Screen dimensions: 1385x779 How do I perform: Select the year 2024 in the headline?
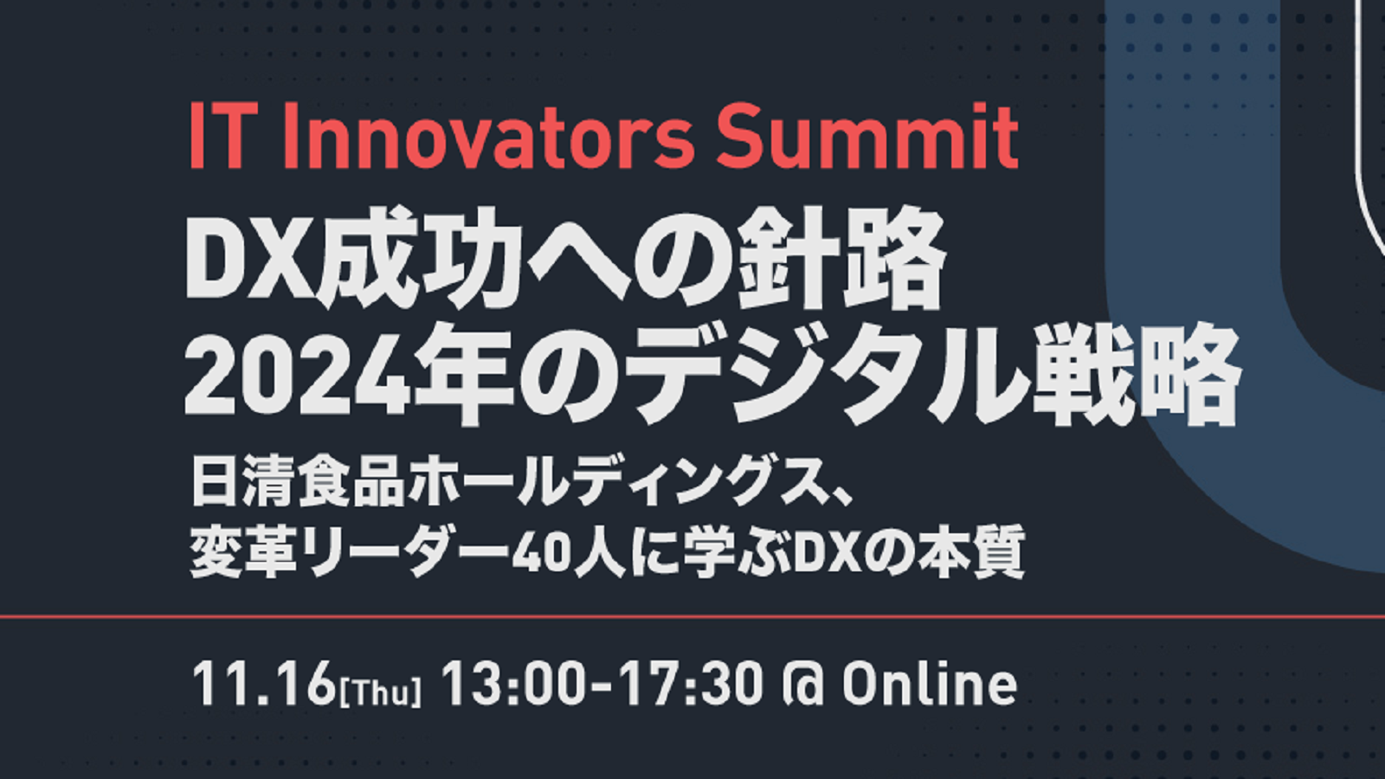(x=298, y=377)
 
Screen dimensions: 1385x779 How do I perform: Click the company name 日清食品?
(x=298, y=481)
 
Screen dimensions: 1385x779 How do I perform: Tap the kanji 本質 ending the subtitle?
(x=970, y=551)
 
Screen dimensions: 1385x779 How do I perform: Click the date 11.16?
(x=264, y=684)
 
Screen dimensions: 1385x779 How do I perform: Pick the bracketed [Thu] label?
(x=380, y=692)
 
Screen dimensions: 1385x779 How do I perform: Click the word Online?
(x=930, y=684)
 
